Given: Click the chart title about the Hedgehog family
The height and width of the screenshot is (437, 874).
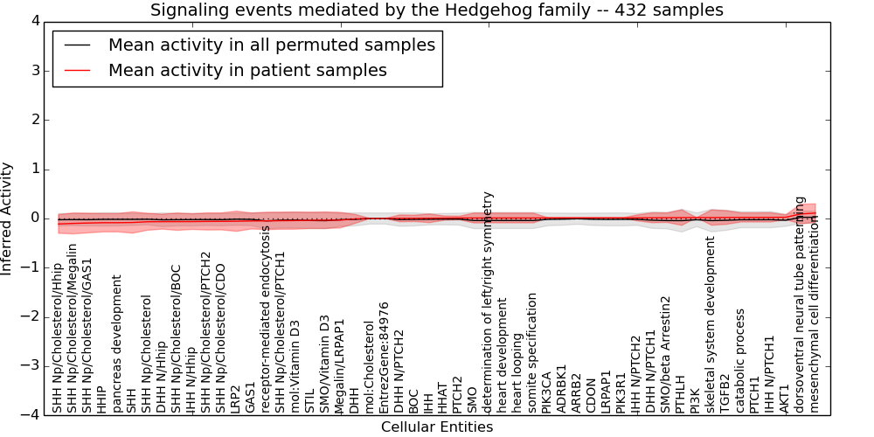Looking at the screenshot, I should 436,10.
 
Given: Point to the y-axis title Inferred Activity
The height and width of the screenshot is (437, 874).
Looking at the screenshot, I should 8,218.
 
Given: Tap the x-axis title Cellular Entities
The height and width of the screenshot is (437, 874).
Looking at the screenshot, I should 436,427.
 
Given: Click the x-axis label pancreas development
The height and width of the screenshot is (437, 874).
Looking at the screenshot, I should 117,343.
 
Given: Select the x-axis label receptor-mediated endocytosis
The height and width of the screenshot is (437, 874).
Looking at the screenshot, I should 266,319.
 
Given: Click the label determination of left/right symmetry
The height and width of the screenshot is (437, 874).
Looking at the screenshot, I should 488,302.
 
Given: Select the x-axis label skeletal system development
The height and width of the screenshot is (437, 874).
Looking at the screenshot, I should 711,324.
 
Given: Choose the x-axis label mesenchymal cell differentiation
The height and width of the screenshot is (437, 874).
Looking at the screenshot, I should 815,316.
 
